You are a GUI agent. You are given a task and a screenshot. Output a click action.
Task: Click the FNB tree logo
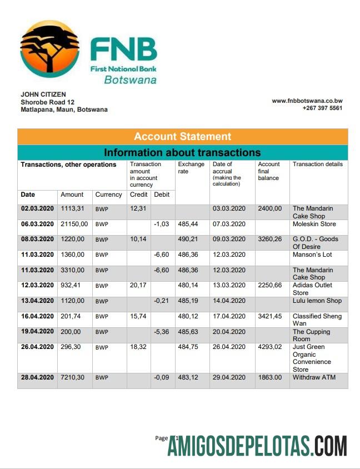pyautogui.click(x=49, y=51)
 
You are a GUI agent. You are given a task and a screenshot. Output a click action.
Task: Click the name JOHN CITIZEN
pyautogui.click(x=43, y=94)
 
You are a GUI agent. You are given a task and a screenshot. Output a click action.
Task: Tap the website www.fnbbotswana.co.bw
pyautogui.click(x=307, y=101)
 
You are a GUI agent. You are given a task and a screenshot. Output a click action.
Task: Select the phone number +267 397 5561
pyautogui.click(x=322, y=108)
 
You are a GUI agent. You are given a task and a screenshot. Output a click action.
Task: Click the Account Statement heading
pyautogui.click(x=182, y=137)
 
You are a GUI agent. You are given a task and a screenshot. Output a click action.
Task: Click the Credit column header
pyautogui.click(x=138, y=194)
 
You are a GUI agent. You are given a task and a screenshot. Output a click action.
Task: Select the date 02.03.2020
pyautogui.click(x=37, y=208)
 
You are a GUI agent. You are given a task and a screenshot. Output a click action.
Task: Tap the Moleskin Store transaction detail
pyautogui.click(x=314, y=224)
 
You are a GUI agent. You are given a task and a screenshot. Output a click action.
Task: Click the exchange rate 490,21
pyautogui.click(x=188, y=239)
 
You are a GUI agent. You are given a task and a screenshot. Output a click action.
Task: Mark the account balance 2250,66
pyautogui.click(x=270, y=285)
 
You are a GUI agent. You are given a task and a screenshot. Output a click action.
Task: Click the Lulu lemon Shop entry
pyautogui.click(x=317, y=301)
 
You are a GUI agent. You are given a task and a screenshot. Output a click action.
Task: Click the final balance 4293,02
pyautogui.click(x=270, y=347)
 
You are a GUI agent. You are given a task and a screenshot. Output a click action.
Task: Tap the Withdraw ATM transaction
pyautogui.click(x=314, y=377)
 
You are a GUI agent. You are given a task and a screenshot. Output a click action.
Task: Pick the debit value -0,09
pyautogui.click(x=161, y=377)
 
